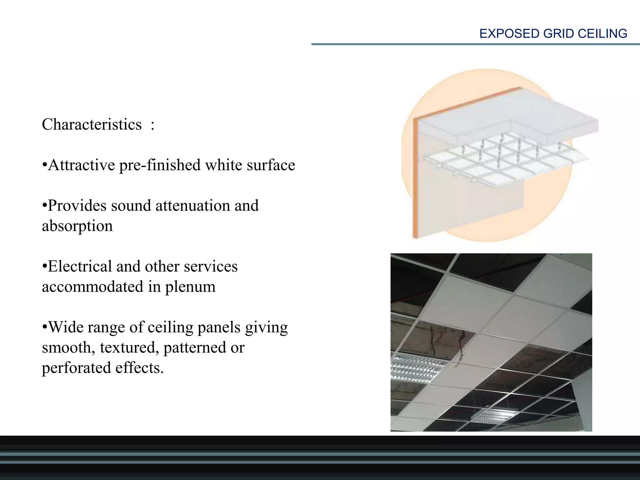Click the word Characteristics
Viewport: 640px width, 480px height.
92,124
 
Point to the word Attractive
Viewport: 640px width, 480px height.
82,165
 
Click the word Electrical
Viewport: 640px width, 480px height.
80,266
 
